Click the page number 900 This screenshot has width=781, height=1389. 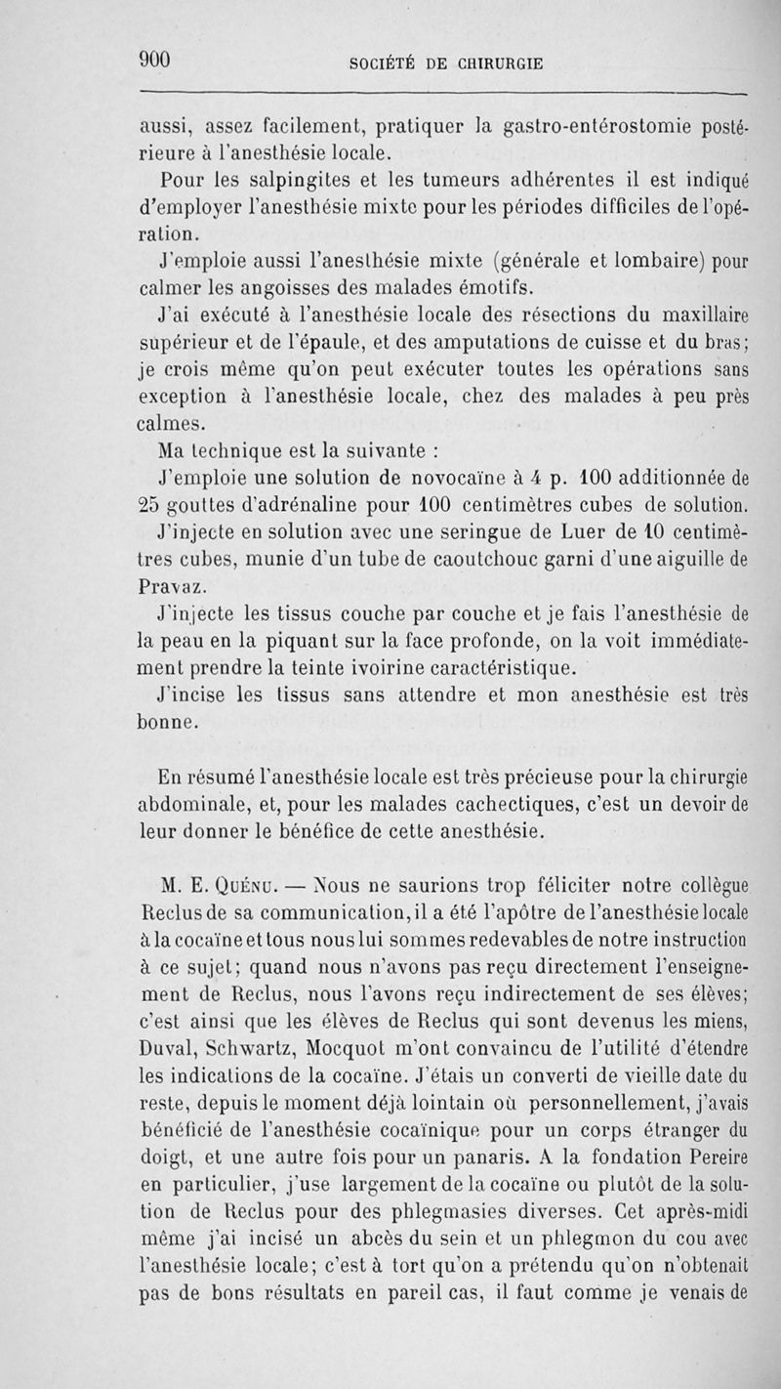pyautogui.click(x=155, y=59)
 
